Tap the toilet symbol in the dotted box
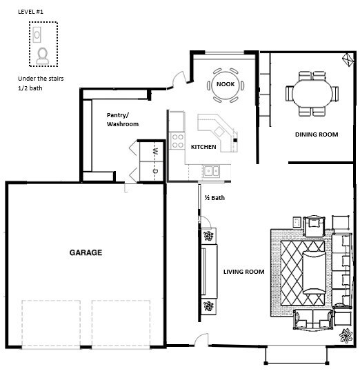click(43, 54)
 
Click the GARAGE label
click(86, 253)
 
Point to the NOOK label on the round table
click(226, 84)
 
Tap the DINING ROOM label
click(316, 134)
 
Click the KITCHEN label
click(203, 147)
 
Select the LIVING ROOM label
click(244, 272)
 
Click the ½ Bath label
click(214, 198)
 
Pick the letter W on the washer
click(155, 151)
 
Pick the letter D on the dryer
click(155, 170)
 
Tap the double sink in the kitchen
click(211, 170)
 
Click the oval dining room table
click(312, 91)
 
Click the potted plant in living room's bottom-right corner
click(346, 336)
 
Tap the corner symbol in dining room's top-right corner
click(346, 59)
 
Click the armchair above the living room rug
click(314, 225)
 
